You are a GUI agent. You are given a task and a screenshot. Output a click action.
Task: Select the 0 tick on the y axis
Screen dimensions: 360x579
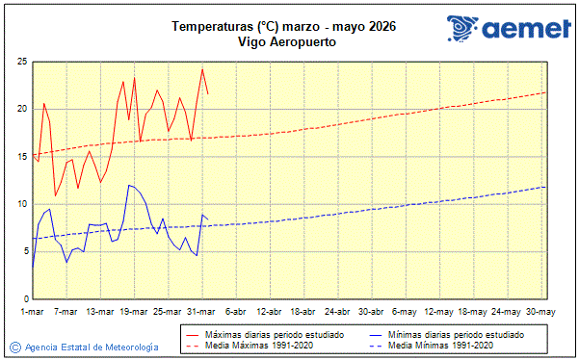[x=23, y=298]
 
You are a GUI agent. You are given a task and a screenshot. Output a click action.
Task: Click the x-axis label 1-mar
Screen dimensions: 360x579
[x=33, y=312]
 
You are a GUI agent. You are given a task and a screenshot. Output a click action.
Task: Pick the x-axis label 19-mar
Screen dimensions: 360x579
[x=134, y=312]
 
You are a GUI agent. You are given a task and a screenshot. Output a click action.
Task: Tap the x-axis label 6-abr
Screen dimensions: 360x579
[x=235, y=312]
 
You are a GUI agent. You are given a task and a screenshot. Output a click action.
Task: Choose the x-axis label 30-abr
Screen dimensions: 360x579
[x=371, y=312]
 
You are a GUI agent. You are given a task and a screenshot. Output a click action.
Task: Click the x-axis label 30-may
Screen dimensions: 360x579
[x=540, y=312]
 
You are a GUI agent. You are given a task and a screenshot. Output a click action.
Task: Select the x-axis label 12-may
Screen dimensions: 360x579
[x=438, y=312]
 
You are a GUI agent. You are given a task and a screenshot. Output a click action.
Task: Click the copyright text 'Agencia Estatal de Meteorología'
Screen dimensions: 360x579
[x=92, y=347]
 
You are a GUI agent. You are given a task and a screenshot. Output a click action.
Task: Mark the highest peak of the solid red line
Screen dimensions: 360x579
[x=202, y=69]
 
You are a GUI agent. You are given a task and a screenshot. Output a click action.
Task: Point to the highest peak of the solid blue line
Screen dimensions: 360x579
[x=129, y=185]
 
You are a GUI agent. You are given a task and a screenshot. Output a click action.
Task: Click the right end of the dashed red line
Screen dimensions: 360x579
[x=545, y=92]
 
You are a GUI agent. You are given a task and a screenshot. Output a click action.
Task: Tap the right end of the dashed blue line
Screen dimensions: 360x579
[x=545, y=187]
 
